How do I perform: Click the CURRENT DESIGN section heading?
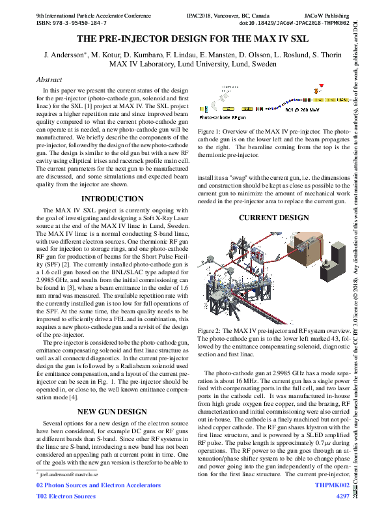274,218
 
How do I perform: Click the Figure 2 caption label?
210,331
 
